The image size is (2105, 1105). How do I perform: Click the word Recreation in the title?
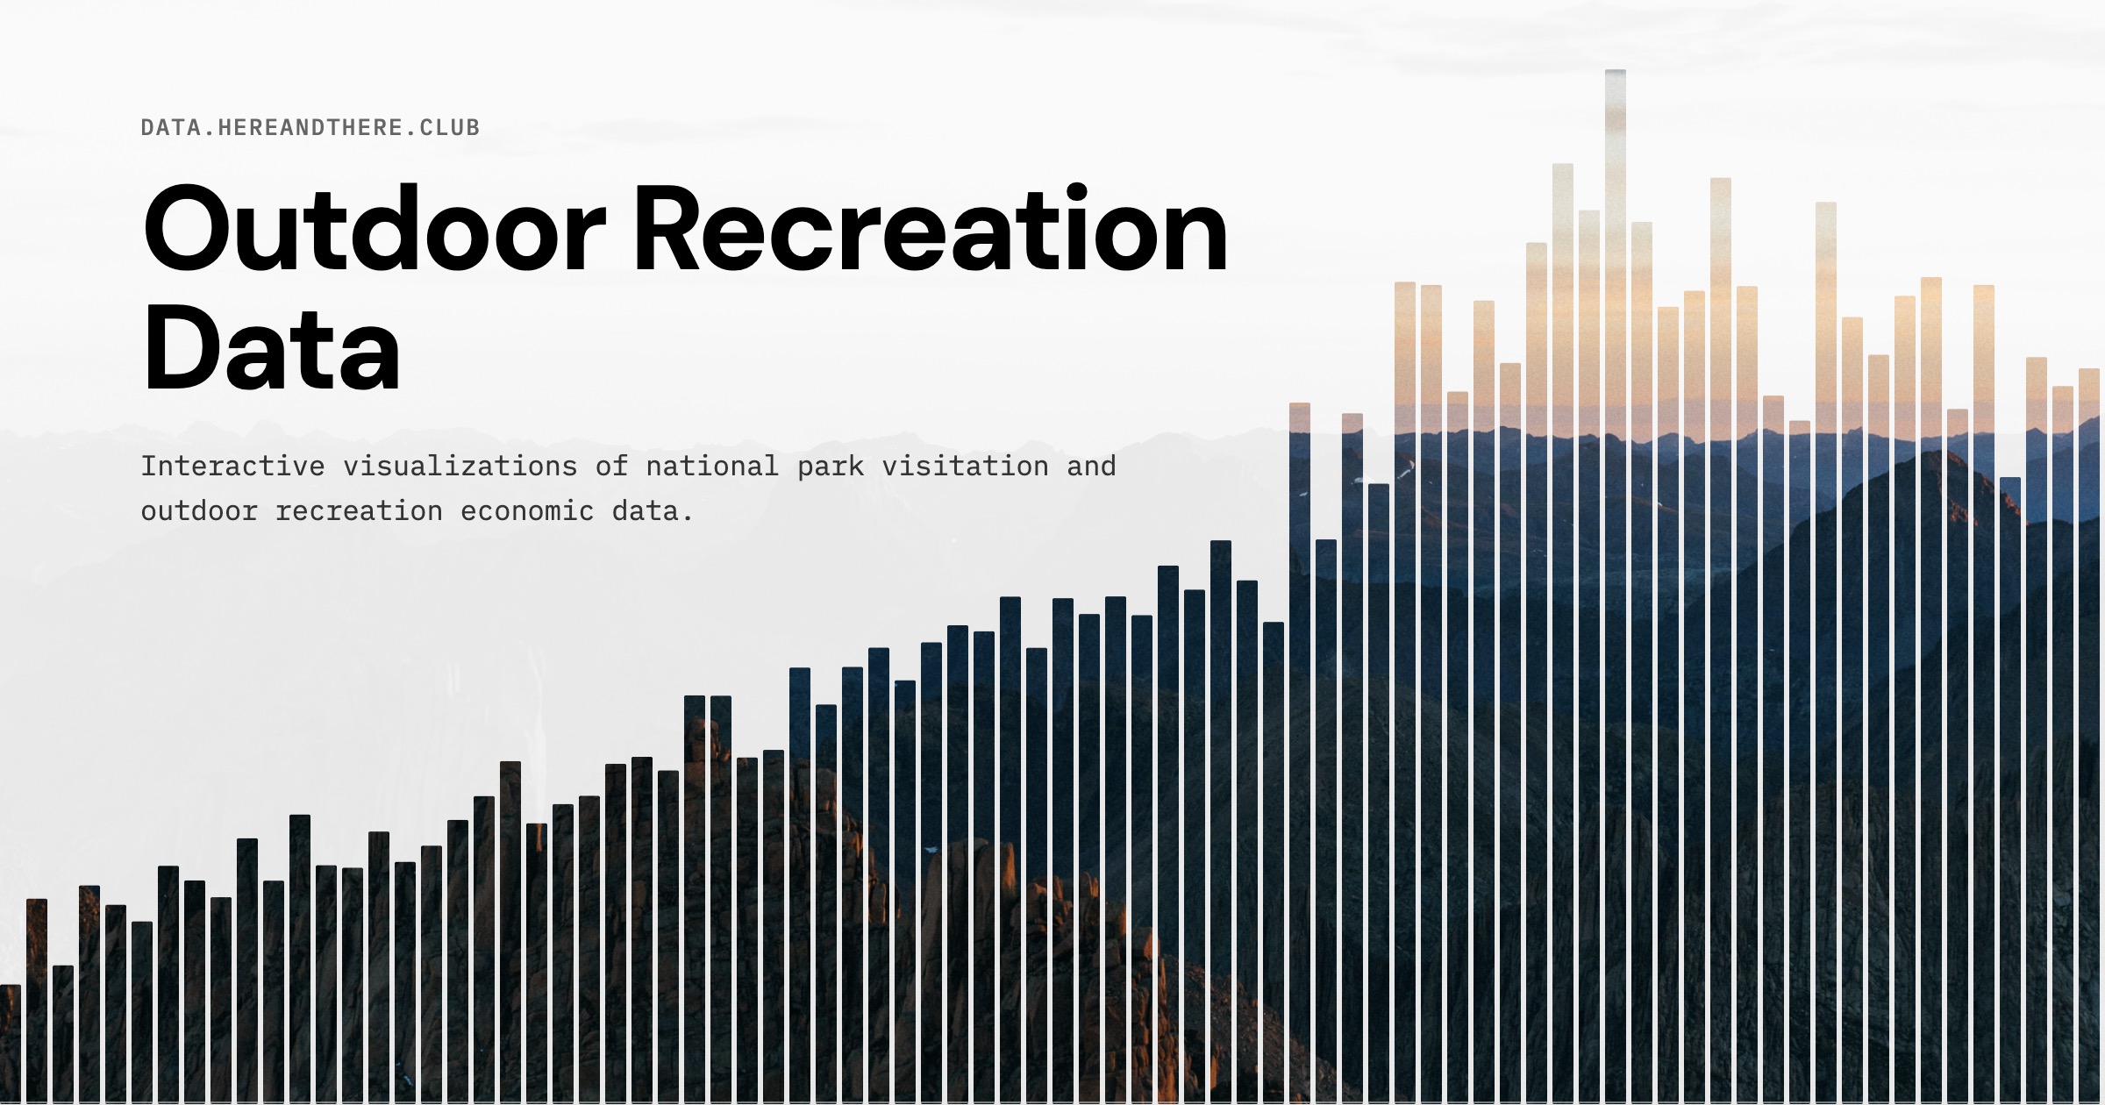click(930, 230)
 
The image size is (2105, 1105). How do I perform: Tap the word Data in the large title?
click(272, 348)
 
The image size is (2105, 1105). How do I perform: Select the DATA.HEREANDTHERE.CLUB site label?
click(310, 128)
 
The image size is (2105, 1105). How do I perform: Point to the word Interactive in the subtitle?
click(232, 467)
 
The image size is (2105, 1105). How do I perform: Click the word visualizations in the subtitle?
click(460, 467)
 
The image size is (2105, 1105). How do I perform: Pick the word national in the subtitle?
click(712, 467)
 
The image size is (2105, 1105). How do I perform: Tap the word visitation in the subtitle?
click(965, 467)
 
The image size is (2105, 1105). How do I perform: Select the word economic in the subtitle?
click(527, 511)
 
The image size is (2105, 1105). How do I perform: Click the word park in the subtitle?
click(831, 467)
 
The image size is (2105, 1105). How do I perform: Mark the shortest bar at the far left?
click(10, 1044)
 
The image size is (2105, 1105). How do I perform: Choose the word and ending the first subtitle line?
click(1091, 467)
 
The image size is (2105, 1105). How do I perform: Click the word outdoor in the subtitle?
click(199, 511)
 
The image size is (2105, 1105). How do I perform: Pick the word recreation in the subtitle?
click(359, 511)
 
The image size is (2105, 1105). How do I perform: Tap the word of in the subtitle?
click(611, 467)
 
